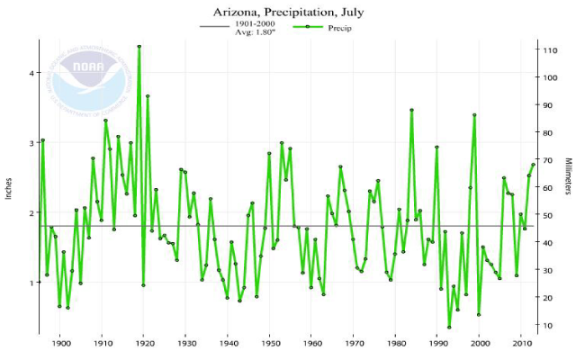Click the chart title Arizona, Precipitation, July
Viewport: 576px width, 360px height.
click(x=287, y=13)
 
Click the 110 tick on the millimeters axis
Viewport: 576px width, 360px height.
click(x=547, y=50)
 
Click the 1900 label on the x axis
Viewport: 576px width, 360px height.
click(x=60, y=343)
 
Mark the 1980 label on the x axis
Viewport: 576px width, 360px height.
click(x=395, y=343)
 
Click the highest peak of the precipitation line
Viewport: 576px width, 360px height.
click(x=139, y=46)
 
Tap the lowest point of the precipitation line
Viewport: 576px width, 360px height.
click(x=449, y=327)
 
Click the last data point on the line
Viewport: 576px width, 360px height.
click(x=534, y=164)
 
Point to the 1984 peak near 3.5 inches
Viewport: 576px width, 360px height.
click(x=411, y=110)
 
